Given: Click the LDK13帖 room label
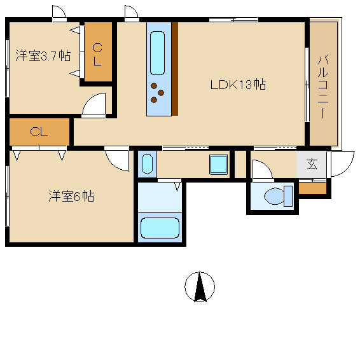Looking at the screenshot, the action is pos(239,85).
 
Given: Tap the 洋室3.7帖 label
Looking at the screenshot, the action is pos(43,55).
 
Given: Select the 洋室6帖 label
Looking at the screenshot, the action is pos(71,196).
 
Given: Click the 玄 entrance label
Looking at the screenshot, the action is pos(312,164).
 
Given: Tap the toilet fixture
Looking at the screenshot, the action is pos(278,196).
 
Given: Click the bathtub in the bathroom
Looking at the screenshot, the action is pos(160,228).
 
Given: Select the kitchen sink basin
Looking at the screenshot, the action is pos(157,53).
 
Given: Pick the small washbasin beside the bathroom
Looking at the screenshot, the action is pos(147,163).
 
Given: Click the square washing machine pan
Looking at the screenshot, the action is pos(218,165).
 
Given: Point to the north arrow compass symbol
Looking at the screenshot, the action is pos(200,287).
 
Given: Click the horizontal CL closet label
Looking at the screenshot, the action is pos(39,132).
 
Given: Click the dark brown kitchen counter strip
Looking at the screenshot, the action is pos(175,69).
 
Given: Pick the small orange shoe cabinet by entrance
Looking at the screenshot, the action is pos(312,188).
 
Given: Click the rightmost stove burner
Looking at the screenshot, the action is pos(161,93).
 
